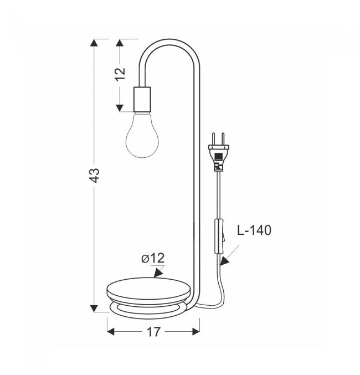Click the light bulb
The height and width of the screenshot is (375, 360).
tap(142, 135)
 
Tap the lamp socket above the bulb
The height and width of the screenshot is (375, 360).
tap(142, 99)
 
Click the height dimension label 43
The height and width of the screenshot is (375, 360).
tap(95, 175)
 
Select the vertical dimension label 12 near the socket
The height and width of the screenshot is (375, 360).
tap(121, 74)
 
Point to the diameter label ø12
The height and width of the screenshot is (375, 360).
tap(153, 258)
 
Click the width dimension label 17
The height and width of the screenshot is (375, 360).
tap(153, 332)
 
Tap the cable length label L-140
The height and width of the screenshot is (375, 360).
tap(254, 230)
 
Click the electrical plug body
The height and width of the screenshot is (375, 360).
tap(219, 157)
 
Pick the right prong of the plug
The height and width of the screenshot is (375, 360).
tap(223, 138)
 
